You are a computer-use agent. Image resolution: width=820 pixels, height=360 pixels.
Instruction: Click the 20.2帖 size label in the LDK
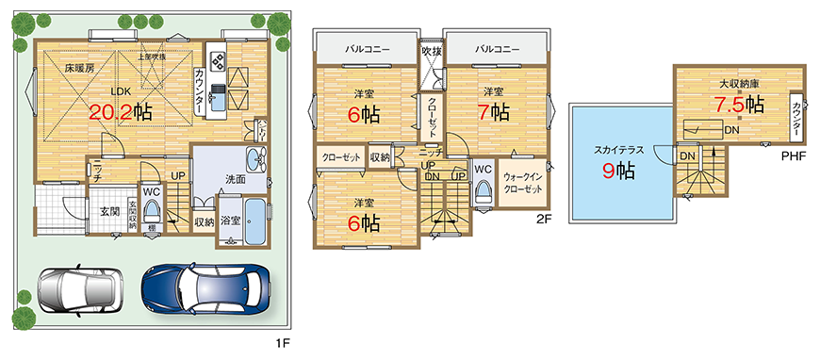coord(122,112)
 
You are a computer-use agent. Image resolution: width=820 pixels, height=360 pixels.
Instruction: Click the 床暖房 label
coord(79,69)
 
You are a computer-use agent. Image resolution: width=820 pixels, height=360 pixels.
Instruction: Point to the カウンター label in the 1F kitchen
coord(201,90)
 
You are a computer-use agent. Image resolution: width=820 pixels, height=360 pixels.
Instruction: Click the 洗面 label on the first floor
coord(235,179)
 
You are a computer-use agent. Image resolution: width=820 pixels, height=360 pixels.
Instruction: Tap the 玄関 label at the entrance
coord(108,212)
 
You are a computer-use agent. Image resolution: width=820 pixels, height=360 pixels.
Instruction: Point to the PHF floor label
coord(793,155)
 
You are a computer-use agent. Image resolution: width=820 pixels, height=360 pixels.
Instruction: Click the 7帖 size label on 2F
coord(493,113)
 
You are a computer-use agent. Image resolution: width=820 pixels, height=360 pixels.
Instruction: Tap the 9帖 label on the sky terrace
coord(618,171)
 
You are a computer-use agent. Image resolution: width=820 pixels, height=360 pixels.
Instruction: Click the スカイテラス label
coord(618,149)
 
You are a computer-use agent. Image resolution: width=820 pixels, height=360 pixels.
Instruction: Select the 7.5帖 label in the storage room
coord(737,105)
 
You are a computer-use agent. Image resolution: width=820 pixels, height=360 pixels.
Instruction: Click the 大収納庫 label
coord(740,85)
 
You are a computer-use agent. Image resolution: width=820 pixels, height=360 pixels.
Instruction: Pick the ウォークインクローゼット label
coord(522,184)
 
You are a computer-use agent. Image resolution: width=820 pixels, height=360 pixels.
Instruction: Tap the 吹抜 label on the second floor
coord(431,51)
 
